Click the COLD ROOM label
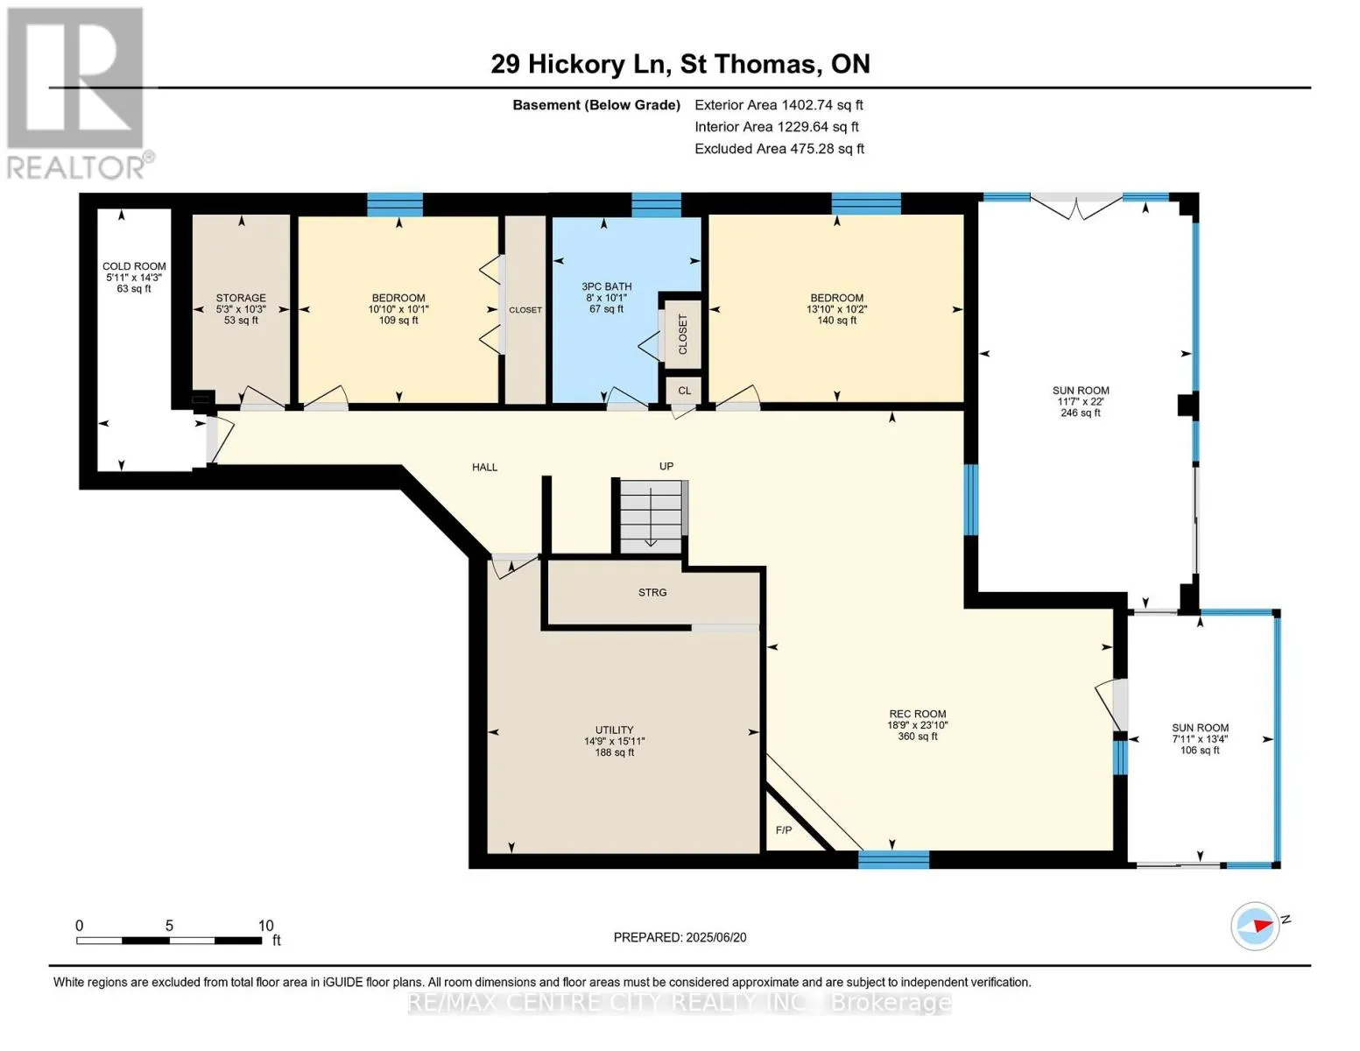tap(134, 266)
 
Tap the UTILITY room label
tap(614, 730)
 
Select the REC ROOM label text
tap(918, 714)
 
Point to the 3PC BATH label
tap(607, 286)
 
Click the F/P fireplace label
tap(784, 830)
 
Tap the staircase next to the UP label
tap(651, 517)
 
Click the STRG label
tap(652, 592)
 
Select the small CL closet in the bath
tap(684, 391)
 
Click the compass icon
tap(1254, 926)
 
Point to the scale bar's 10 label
tap(266, 925)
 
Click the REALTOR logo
tap(77, 93)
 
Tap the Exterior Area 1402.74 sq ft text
tap(779, 104)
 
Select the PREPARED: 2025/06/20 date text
tap(680, 937)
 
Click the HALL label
tap(484, 467)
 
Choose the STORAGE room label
tap(241, 298)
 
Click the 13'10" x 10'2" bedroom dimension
tap(837, 309)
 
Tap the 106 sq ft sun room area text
tap(1200, 750)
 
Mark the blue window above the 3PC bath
tap(656, 205)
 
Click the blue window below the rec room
tap(893, 860)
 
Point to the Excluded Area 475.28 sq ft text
tap(779, 148)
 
